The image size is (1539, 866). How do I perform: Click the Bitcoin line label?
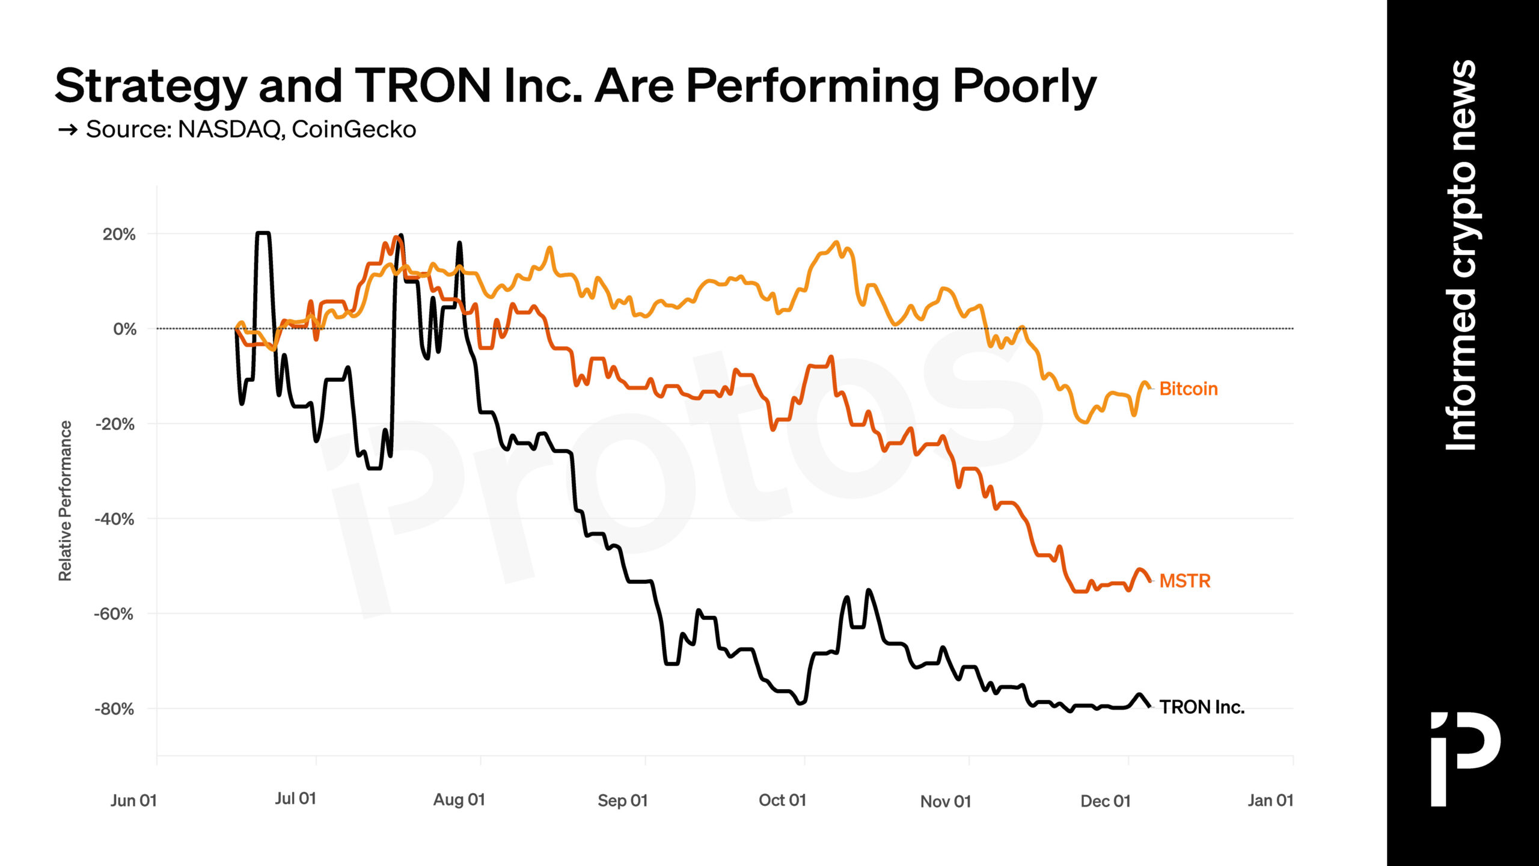pyautogui.click(x=1188, y=389)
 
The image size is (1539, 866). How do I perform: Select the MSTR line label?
pyautogui.click(x=1184, y=581)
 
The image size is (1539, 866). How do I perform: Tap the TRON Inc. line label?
pyautogui.click(x=1201, y=707)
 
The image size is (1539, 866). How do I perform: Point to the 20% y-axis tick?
pyautogui.click(x=119, y=235)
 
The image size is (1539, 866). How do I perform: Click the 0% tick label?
pyautogui.click(x=124, y=330)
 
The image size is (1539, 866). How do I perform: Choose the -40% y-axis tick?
pyautogui.click(x=114, y=519)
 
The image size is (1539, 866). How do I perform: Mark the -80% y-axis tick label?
pyautogui.click(x=114, y=709)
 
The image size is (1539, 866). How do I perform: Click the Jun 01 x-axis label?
pyautogui.click(x=133, y=800)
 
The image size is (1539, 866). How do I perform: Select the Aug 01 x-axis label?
pyautogui.click(x=459, y=800)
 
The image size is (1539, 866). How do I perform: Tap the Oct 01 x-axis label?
pyautogui.click(x=782, y=800)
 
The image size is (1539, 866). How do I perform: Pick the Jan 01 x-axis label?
pyautogui.click(x=1270, y=800)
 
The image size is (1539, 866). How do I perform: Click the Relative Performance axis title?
pyautogui.click(x=65, y=500)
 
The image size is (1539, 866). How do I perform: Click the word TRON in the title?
pyautogui.click(x=423, y=85)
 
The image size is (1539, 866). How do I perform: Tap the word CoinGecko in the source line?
pyautogui.click(x=354, y=129)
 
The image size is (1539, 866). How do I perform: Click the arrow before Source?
pyautogui.click(x=67, y=129)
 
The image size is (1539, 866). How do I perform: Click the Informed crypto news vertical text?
pyautogui.click(x=1461, y=256)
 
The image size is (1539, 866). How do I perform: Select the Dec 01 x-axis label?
pyautogui.click(x=1105, y=801)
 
